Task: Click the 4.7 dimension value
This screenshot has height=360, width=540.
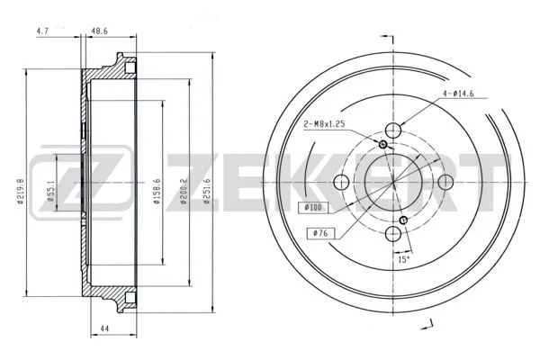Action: pos(41,30)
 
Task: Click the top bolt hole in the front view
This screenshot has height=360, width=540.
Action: pos(394,129)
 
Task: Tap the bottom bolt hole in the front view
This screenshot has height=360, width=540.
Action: pos(394,236)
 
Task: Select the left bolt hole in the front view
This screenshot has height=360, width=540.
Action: pos(341,183)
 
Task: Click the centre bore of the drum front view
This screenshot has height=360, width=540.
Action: pos(394,183)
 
